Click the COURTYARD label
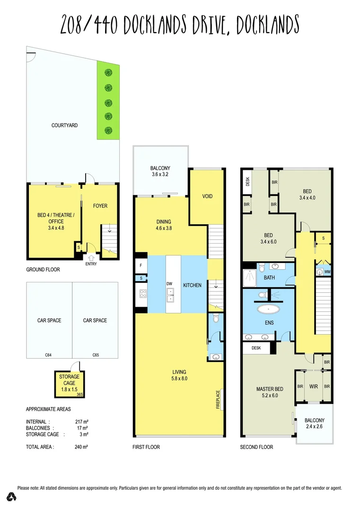(64, 125)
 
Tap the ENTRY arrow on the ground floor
(91, 257)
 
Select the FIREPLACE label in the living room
(218, 399)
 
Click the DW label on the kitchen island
(169, 284)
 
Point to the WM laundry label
(328, 272)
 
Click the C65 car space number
(95, 354)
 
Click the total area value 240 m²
(83, 446)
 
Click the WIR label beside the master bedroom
(314, 387)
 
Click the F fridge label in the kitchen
(141, 266)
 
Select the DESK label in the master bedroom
(256, 348)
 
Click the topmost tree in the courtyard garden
(109, 72)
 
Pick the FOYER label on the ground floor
(100, 206)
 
